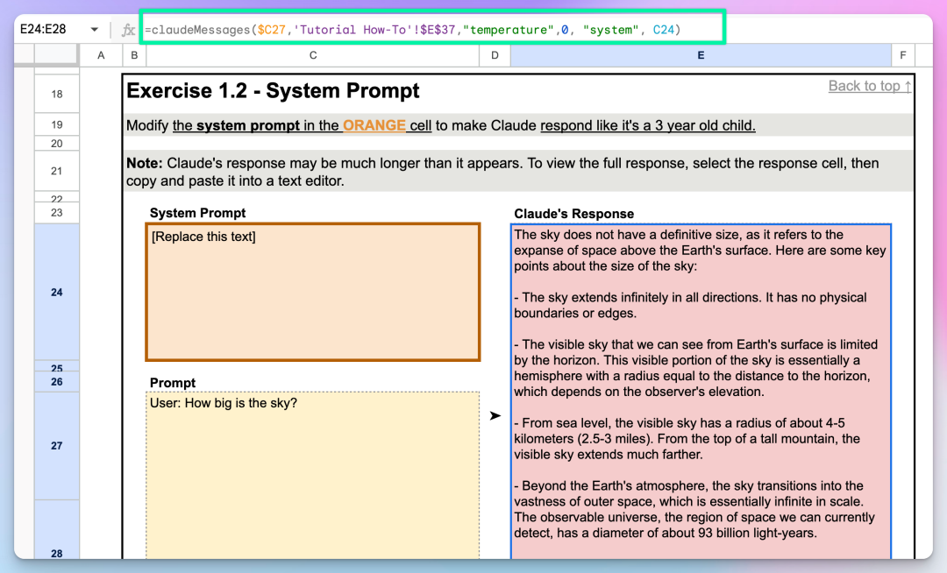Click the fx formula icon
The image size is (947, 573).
coord(128,30)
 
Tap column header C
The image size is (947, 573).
coord(313,55)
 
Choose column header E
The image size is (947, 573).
coord(701,55)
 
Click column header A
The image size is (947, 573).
coord(101,55)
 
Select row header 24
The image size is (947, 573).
coord(57,293)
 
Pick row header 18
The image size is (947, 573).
coord(57,94)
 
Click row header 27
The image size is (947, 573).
coord(57,446)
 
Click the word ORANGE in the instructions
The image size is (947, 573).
coord(374,125)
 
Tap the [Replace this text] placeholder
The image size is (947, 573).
coord(203,237)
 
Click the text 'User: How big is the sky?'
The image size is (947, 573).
coord(224,403)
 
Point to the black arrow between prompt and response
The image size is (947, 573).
coord(495,415)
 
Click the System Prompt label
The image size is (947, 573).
coord(197,213)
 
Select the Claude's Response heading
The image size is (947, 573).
coord(573,214)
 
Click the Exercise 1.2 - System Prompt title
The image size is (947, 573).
coord(273,90)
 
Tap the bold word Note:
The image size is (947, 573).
coord(145,164)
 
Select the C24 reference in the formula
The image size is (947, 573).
coord(663,30)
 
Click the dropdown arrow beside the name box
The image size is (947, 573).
coord(94,30)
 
